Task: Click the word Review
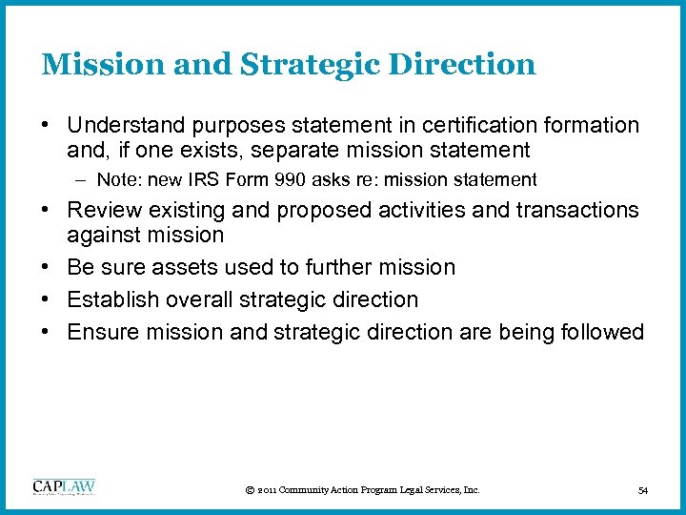point(102,210)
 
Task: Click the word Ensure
point(105,332)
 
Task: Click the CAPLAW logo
point(64,487)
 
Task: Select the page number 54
point(642,490)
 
